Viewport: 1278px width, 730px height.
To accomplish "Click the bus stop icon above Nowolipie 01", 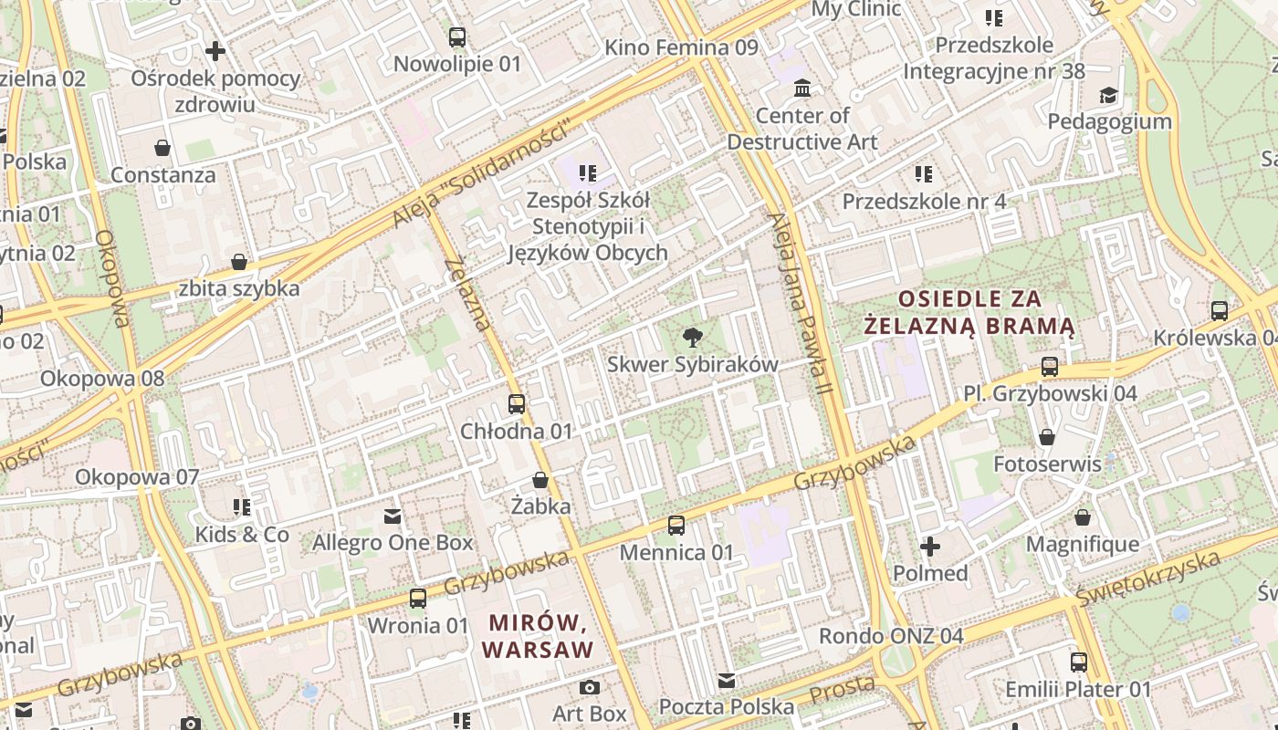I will [x=457, y=37].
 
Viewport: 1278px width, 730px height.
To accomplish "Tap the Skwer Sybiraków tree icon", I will [x=693, y=338].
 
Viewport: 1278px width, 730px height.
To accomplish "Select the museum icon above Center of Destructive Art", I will [x=802, y=89].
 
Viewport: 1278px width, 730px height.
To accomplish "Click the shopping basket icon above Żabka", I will [x=540, y=480].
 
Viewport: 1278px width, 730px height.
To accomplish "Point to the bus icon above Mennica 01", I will [x=676, y=526].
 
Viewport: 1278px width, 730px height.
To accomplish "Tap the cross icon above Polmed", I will [x=930, y=547].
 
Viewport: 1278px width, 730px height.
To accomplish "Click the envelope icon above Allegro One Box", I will [x=393, y=516].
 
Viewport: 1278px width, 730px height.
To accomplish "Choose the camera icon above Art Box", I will [x=590, y=687].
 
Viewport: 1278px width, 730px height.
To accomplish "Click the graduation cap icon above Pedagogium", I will [x=1108, y=95].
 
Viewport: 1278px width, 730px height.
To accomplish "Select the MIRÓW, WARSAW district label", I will [x=538, y=636].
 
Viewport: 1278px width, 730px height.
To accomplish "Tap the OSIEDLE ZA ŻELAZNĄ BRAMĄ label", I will [x=969, y=312].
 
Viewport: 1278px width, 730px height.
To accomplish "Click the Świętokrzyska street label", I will [x=1148, y=579].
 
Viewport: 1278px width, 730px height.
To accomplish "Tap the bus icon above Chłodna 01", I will [x=517, y=404].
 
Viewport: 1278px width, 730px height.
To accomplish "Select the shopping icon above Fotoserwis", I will [x=1047, y=437].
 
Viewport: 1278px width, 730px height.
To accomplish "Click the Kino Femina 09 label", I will [x=681, y=47].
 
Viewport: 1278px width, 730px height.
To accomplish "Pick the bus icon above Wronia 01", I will [x=418, y=599].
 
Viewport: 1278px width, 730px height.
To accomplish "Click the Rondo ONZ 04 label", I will [x=890, y=636].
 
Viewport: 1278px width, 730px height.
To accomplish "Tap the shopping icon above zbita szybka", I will [x=239, y=263].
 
